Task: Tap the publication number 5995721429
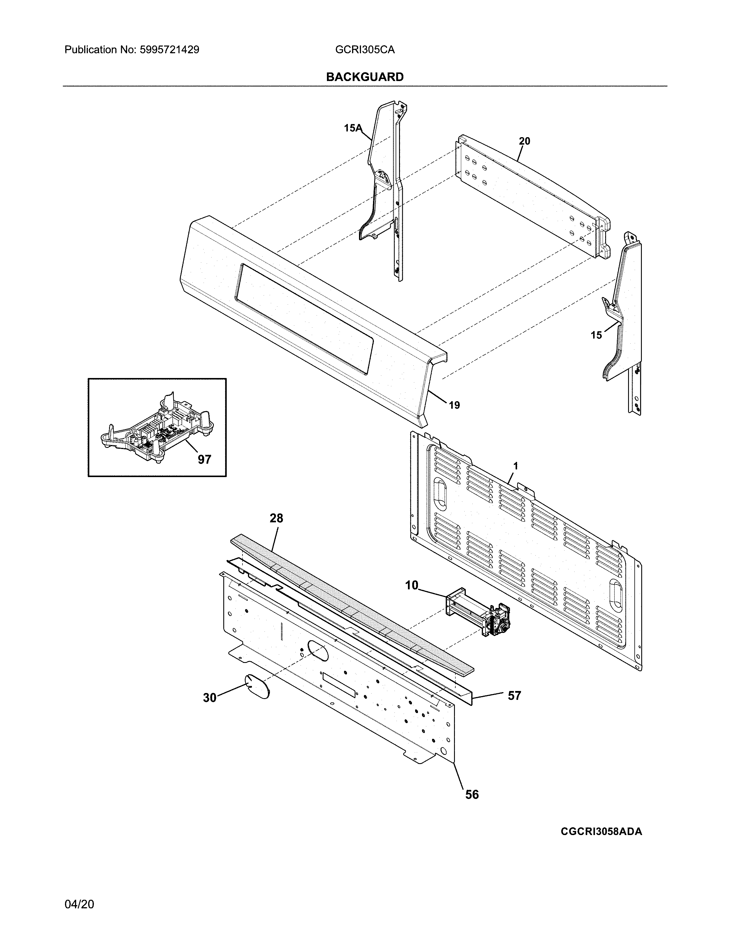[169, 50]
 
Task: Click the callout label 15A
[352, 128]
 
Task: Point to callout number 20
[524, 141]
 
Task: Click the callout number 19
[454, 405]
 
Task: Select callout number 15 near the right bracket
[596, 335]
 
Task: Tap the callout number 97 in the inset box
[205, 460]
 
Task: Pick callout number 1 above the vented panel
[516, 466]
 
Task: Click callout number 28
[276, 518]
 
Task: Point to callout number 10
[411, 585]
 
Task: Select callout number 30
[210, 698]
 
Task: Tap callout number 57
[514, 696]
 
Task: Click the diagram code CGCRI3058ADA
[601, 832]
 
